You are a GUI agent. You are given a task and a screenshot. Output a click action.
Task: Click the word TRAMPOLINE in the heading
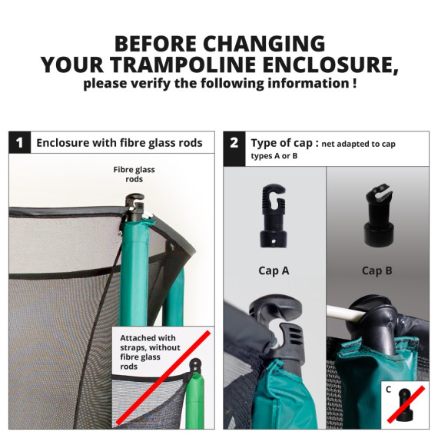[183, 65]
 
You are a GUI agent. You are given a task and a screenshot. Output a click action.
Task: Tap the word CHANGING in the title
[264, 44]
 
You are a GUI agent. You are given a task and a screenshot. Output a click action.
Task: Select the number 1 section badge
[19, 142]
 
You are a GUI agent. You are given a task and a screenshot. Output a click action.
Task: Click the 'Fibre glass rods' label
[134, 174]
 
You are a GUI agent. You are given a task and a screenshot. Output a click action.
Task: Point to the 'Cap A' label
[274, 270]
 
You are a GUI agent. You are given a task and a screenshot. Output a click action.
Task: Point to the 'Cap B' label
[377, 270]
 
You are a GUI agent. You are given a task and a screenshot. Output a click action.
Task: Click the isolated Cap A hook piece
[274, 216]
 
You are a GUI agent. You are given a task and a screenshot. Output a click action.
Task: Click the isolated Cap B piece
[379, 215]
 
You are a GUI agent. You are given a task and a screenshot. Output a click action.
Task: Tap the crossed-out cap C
[405, 404]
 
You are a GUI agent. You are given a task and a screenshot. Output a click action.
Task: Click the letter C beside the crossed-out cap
[389, 390]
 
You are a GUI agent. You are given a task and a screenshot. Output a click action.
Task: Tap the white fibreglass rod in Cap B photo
[345, 313]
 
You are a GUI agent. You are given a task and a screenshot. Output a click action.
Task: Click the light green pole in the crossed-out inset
[195, 401]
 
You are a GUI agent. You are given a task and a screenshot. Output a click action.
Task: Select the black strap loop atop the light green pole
[197, 365]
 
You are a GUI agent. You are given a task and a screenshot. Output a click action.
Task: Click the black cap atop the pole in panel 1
[135, 207]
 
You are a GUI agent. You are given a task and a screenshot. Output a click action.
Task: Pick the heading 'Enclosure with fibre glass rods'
[119, 143]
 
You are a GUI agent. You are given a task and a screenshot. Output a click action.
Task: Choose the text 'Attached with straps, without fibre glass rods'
[150, 352]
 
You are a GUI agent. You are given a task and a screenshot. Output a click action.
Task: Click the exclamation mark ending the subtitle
[354, 83]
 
